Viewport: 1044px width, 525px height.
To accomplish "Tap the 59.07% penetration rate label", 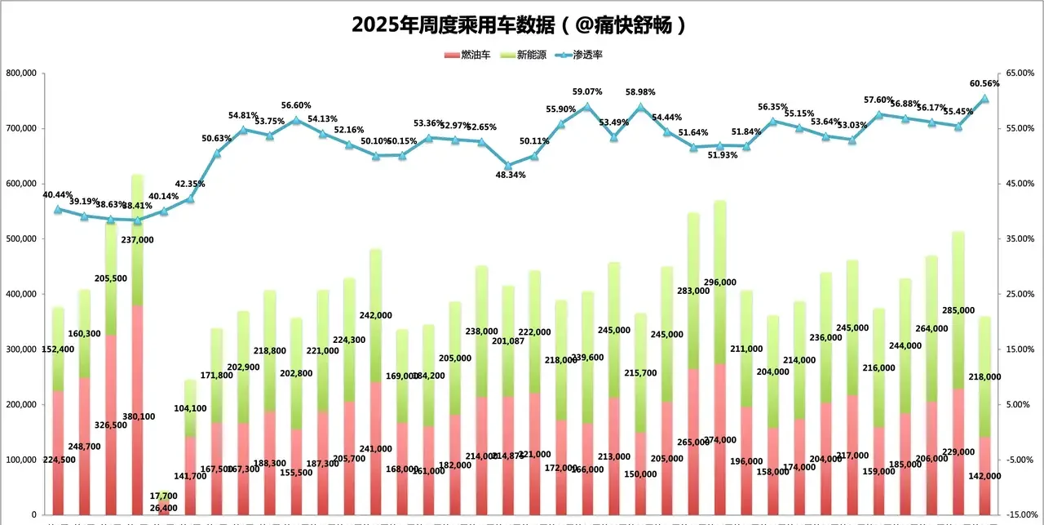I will tap(587, 91).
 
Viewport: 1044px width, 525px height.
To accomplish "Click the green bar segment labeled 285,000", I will tap(958, 310).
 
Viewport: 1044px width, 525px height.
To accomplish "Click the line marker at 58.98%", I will tap(639, 107).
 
